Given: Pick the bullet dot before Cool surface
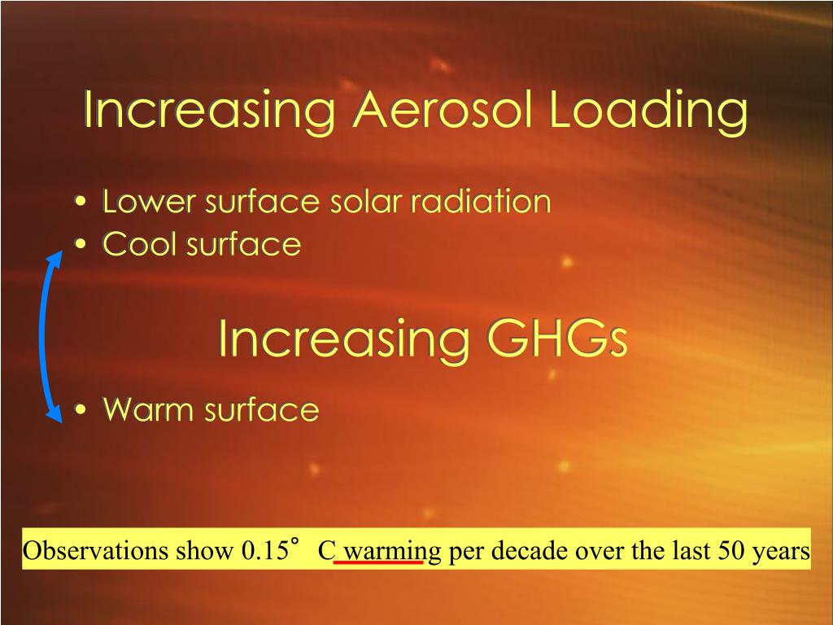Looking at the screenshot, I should click(79, 245).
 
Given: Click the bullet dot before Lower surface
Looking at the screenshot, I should click(79, 202).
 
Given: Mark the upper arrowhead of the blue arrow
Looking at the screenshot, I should click(55, 260).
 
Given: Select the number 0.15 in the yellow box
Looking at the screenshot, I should click(264, 551).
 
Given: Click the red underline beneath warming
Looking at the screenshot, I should click(378, 562).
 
